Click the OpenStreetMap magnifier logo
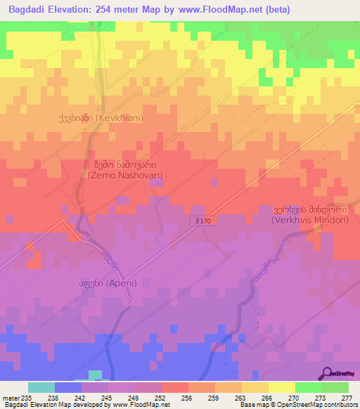pyautogui.click(x=328, y=372)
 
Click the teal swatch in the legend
pyautogui.click(x=41, y=387)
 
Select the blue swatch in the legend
pyautogui.click(x=68, y=387)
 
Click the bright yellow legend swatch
pyautogui.click(x=282, y=387)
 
